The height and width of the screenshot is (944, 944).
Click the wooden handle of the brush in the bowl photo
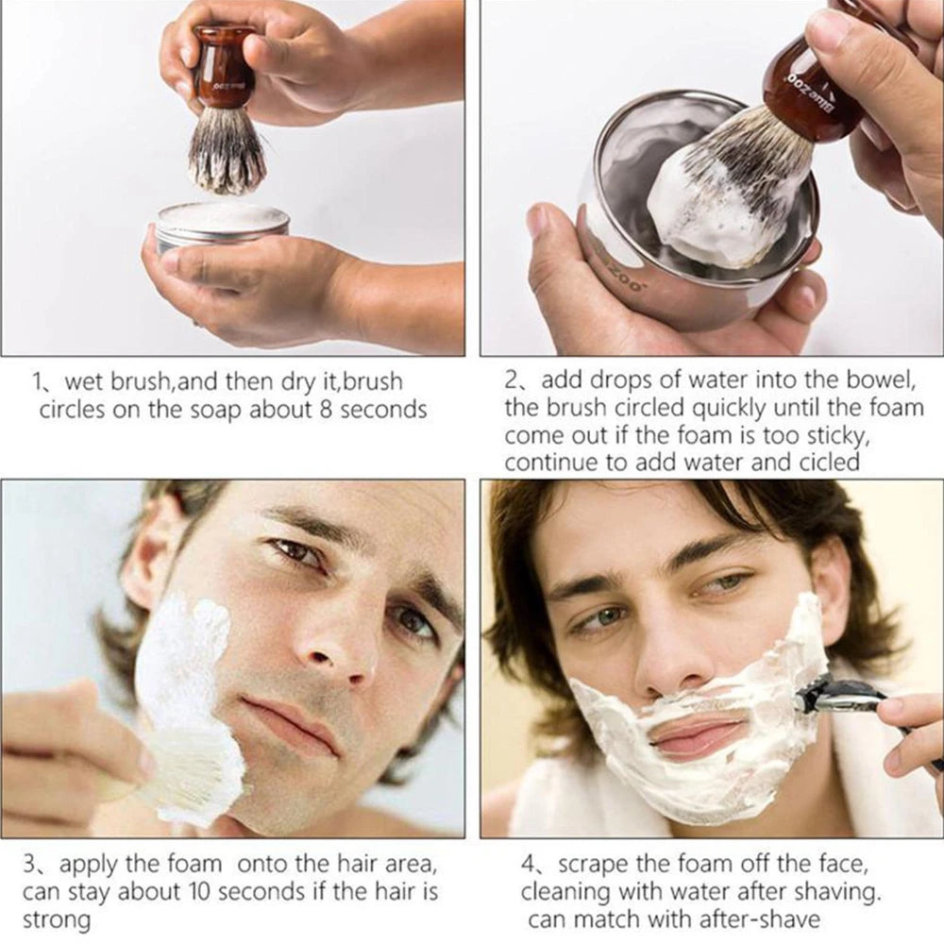coord(812,90)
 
